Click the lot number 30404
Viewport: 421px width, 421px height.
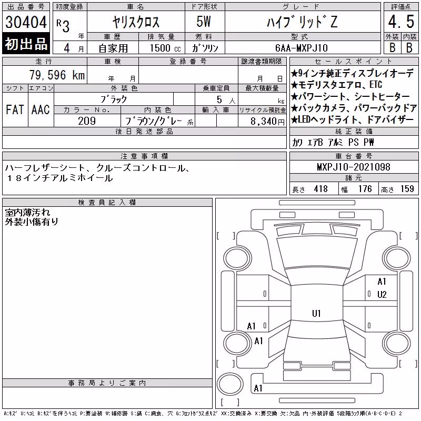pyautogui.click(x=26, y=22)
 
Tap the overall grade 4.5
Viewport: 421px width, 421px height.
pyautogui.click(x=401, y=22)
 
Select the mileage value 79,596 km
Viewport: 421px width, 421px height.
pyautogui.click(x=57, y=75)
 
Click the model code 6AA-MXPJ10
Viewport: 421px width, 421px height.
pyautogui.click(x=302, y=48)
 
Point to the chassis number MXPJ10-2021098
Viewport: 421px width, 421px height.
pyautogui.click(x=353, y=167)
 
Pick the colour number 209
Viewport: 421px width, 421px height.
pyautogui.click(x=87, y=121)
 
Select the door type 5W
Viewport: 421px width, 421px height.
pyautogui.click(x=204, y=22)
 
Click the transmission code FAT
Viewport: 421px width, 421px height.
pyautogui.click(x=15, y=109)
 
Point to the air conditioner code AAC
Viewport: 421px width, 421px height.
pyautogui.click(x=41, y=109)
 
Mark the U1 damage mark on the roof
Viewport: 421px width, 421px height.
pyautogui.click(x=316, y=313)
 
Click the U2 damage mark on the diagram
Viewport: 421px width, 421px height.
pyautogui.click(x=382, y=295)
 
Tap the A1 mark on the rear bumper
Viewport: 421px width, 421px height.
pyautogui.click(x=258, y=388)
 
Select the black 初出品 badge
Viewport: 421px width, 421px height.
pyautogui.click(x=26, y=43)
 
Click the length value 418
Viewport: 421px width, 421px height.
pyautogui.click(x=321, y=189)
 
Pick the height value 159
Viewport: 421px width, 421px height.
pyautogui.click(x=407, y=189)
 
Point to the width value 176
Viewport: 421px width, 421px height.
pyautogui.click(x=365, y=189)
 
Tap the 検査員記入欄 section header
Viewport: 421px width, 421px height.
pyautogui.click(x=107, y=203)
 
